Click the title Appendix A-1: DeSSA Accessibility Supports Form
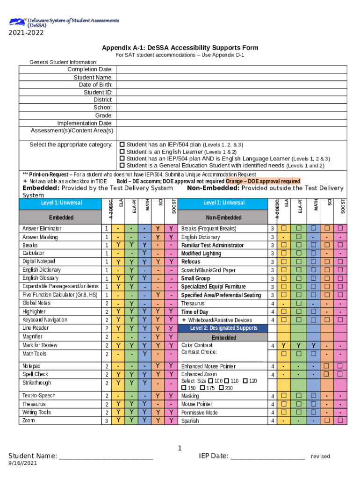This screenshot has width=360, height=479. click(180, 48)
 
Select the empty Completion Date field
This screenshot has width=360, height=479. click(231, 70)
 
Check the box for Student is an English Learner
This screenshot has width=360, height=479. click(122, 152)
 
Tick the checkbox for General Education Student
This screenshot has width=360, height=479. click(122, 166)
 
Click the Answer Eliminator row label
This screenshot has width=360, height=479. click(42, 229)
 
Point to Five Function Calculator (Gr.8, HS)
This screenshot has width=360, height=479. click(60, 295)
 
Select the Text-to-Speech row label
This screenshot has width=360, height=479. click(39, 396)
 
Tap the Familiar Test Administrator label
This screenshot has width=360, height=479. click(212, 245)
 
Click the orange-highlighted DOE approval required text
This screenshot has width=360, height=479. click(263, 181)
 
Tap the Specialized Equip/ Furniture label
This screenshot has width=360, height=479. click(213, 287)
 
